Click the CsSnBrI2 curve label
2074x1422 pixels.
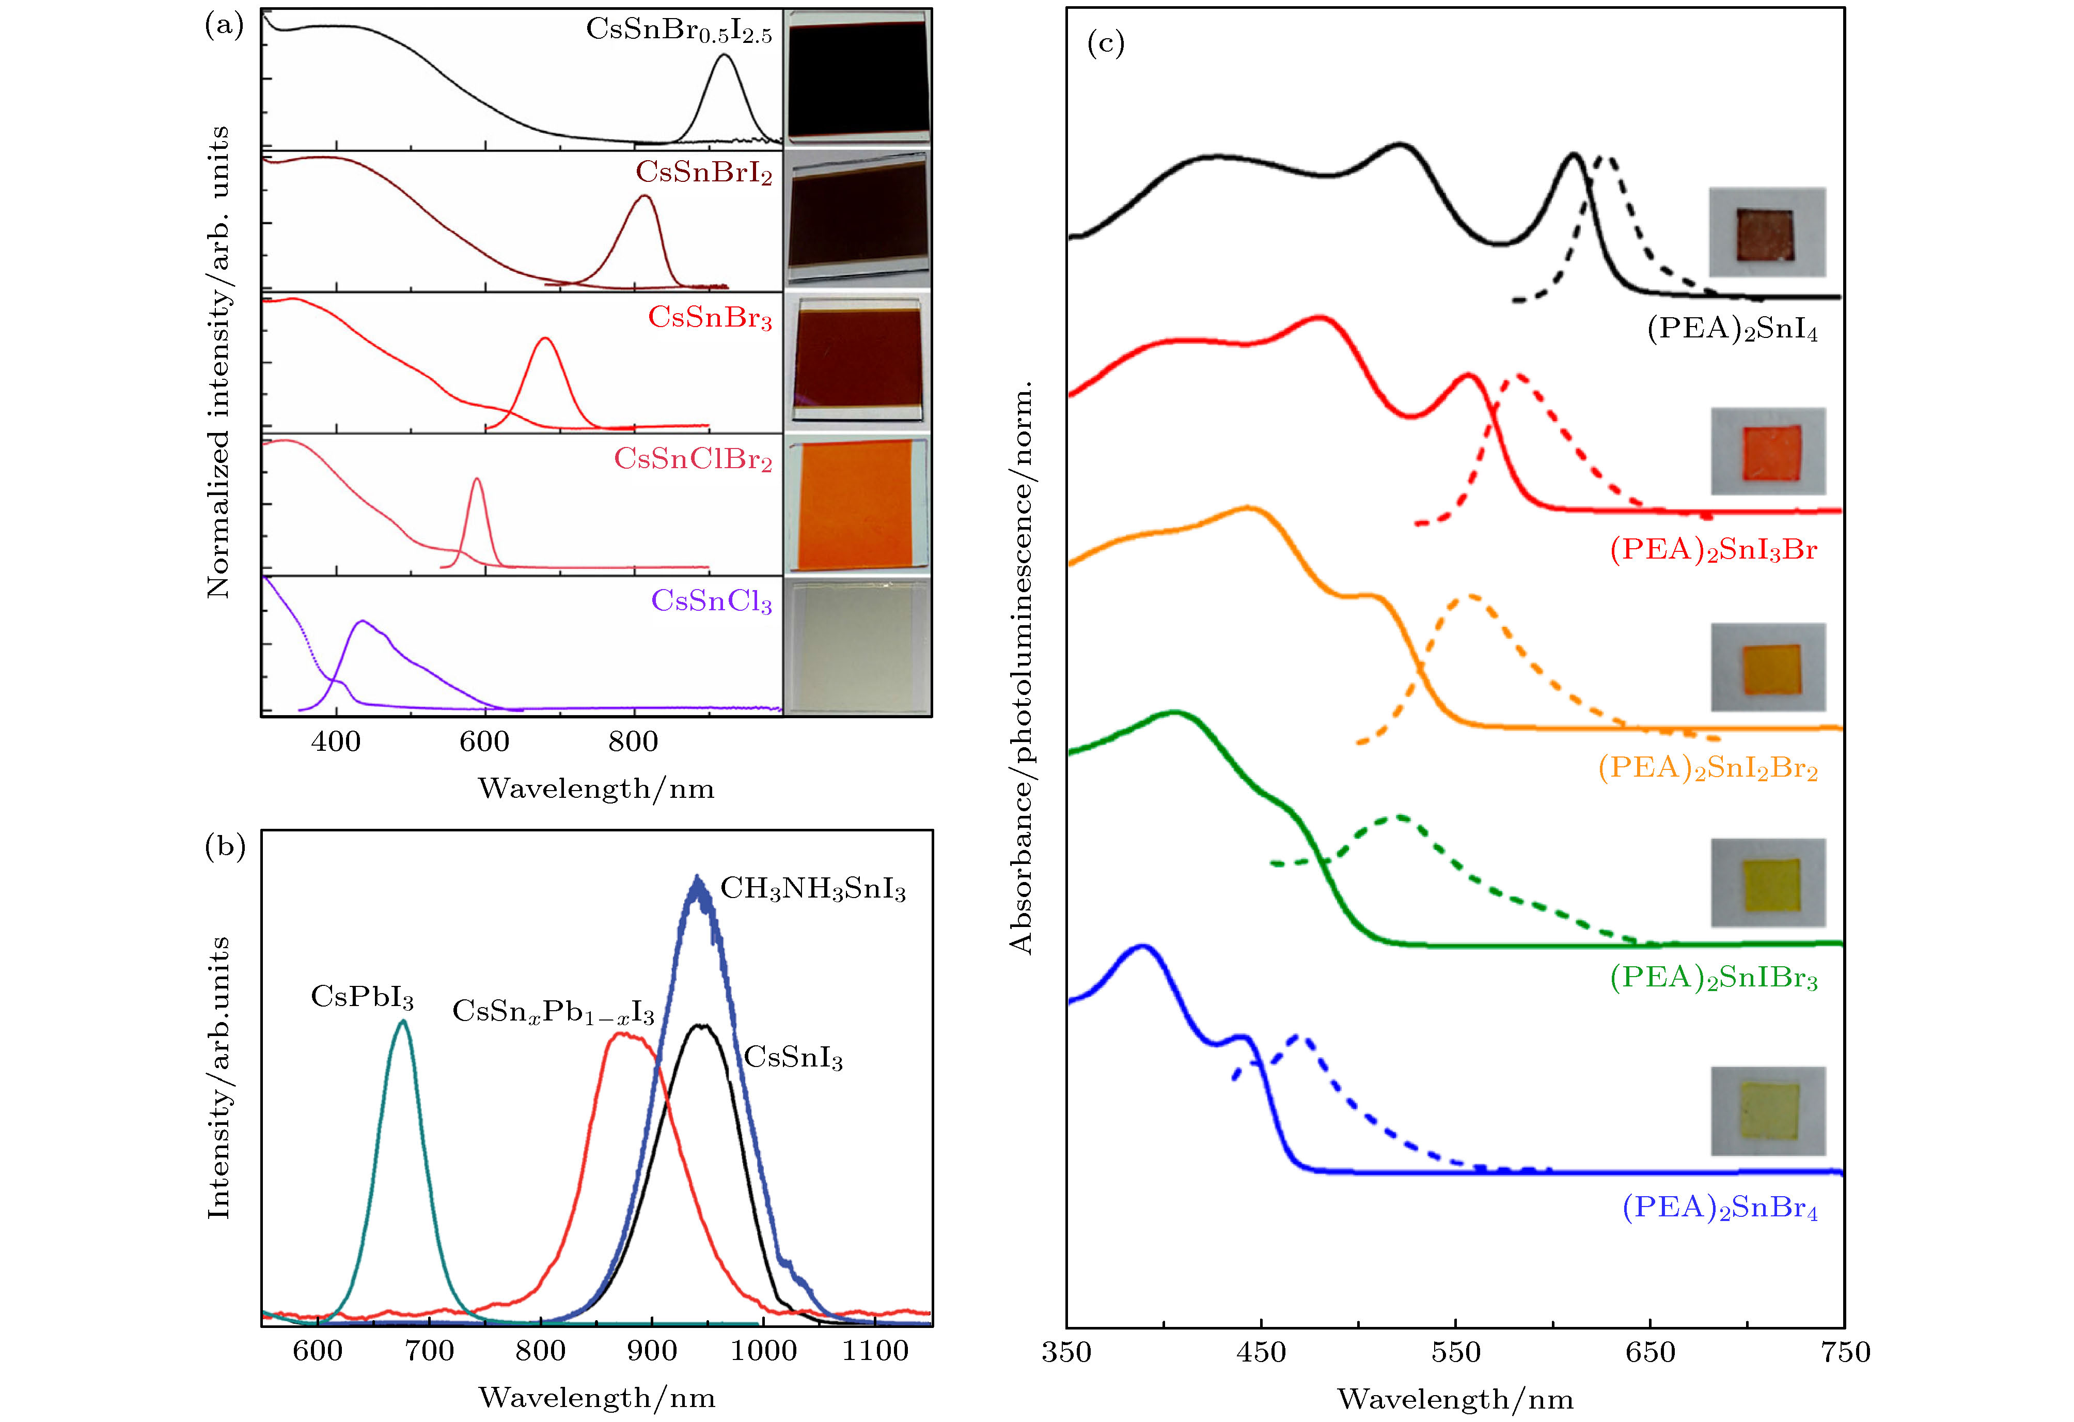(703, 172)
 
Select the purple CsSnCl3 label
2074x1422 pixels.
(711, 601)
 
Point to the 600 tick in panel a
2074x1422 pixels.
(484, 741)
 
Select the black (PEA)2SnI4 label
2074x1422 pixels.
(1731, 329)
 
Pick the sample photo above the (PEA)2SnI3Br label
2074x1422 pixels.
(1768, 451)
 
